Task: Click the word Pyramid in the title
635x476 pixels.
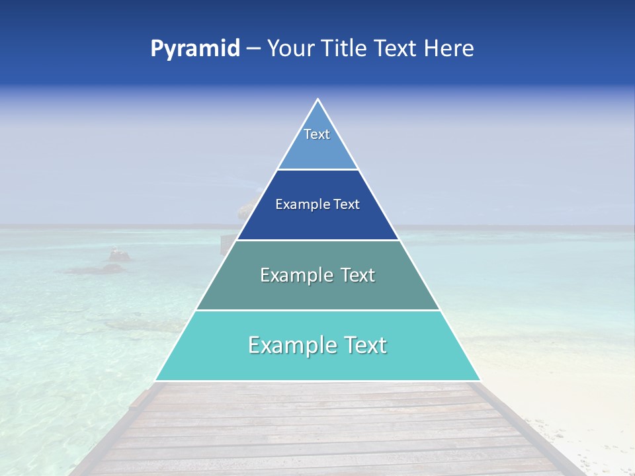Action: tap(195, 49)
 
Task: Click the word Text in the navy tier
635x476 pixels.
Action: tap(347, 204)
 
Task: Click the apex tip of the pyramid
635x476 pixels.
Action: tap(317, 100)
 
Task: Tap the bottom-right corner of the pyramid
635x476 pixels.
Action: tap(480, 380)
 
